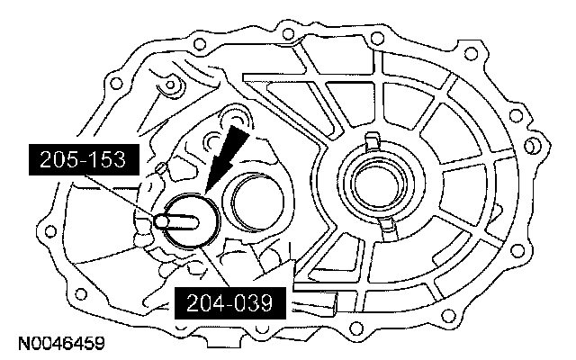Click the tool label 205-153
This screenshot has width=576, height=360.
pos(84,159)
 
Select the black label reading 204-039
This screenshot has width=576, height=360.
pos(230,303)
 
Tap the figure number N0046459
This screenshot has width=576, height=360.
pos(61,344)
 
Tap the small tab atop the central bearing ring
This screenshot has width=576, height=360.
pos(372,140)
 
